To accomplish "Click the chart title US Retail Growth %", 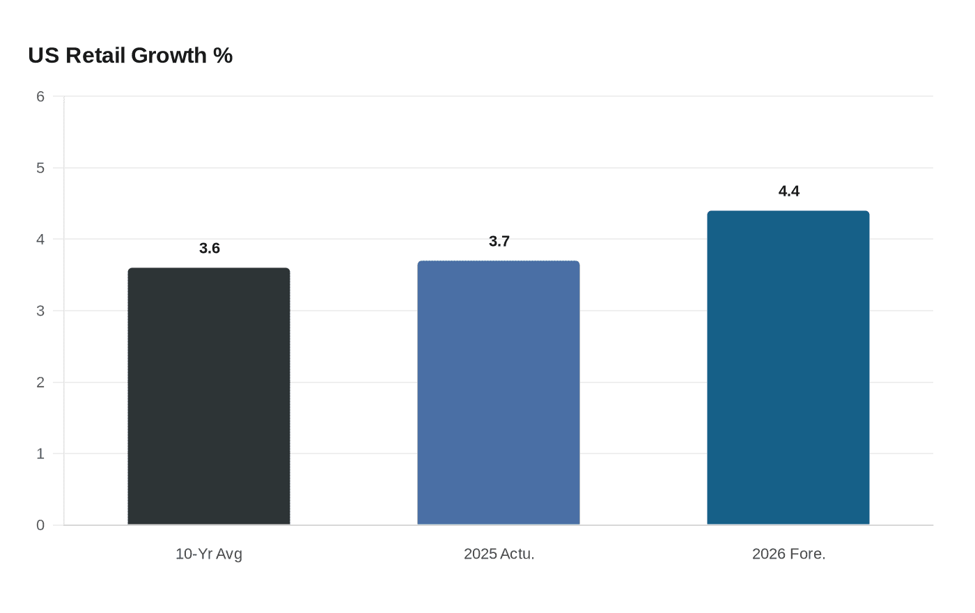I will (130, 56).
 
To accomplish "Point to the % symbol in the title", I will (223, 56).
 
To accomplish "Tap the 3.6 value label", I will (210, 249).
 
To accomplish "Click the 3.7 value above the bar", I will (499, 242).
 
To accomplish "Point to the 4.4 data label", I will (789, 192).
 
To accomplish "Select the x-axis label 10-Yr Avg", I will (209, 554).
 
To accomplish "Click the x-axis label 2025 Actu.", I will (499, 554).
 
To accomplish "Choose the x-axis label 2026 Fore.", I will (789, 554).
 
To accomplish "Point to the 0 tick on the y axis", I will (40, 525).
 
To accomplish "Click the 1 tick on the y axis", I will (40, 454).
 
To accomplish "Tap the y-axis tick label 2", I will (40, 382).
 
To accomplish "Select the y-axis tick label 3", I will (40, 311).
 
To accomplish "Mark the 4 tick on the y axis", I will (40, 240).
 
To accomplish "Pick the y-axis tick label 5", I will (40, 168).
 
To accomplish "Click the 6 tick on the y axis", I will (40, 97).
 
